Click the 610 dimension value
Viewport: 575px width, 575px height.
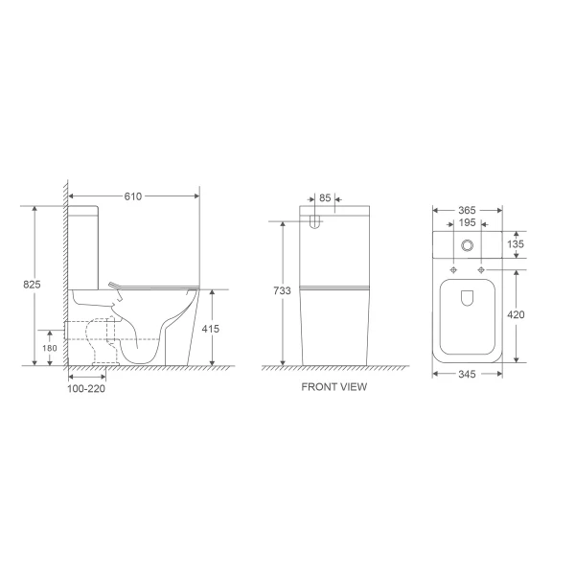coord(132,196)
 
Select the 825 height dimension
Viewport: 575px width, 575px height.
coord(33,284)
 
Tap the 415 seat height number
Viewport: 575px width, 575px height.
coord(212,329)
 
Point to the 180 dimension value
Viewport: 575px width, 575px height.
coord(49,348)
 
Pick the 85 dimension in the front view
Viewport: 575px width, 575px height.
coord(326,198)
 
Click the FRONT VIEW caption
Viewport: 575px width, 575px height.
coord(333,388)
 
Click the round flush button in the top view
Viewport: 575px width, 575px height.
coord(467,246)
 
